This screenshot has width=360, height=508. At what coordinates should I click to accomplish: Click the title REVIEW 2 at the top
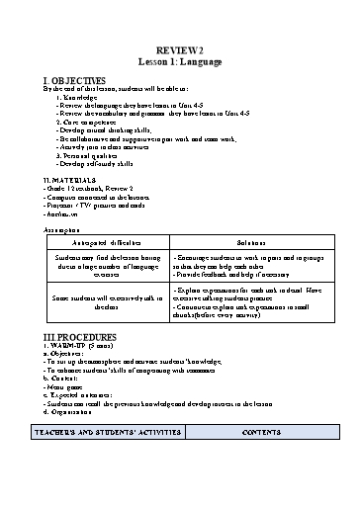click(180, 48)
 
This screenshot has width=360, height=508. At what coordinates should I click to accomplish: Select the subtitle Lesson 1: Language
click(180, 60)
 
